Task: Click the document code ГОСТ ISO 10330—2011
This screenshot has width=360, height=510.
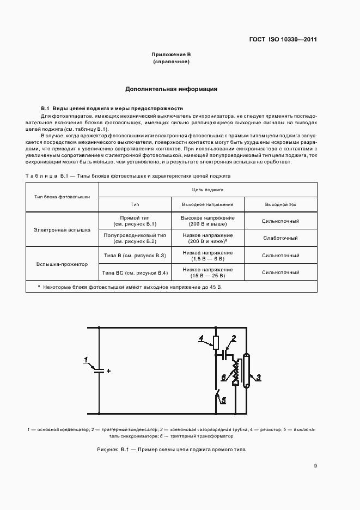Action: (x=283, y=40)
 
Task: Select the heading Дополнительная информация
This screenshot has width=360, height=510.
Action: (x=172, y=88)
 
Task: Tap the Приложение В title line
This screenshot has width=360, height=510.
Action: (x=171, y=55)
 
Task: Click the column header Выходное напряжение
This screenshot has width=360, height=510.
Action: (x=208, y=204)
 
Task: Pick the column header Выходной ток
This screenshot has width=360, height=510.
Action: (x=280, y=204)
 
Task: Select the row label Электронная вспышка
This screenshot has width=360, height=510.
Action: (x=62, y=229)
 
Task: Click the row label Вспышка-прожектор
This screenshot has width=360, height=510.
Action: (x=62, y=264)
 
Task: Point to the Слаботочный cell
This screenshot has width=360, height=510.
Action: (x=280, y=238)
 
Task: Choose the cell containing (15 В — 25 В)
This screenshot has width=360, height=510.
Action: (x=208, y=276)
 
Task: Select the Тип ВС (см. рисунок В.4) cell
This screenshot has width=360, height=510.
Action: (x=135, y=272)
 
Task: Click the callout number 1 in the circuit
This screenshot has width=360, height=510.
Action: (x=86, y=359)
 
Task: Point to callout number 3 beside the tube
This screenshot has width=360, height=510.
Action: (x=259, y=377)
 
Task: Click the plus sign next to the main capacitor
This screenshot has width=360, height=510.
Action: (x=108, y=371)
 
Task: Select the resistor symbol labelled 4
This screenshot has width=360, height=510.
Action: (x=216, y=343)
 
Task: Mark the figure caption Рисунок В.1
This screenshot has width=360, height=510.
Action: (x=171, y=450)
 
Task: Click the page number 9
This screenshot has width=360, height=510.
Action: (x=315, y=466)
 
